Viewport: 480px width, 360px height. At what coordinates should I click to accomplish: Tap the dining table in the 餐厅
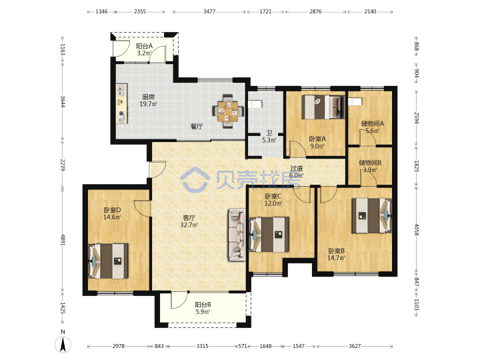coord(229,111)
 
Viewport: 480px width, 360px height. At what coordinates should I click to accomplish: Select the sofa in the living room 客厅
coord(236,235)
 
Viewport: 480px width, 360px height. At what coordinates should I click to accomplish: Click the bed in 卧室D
coord(108,261)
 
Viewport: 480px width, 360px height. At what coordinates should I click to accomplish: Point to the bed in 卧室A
coord(323,107)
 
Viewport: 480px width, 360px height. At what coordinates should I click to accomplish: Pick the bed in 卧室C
coord(269,235)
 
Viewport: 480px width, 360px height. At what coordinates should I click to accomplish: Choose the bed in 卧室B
coord(371,216)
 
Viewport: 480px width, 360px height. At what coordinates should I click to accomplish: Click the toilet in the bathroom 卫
coord(255,105)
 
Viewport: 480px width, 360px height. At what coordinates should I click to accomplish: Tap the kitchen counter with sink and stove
coord(122,104)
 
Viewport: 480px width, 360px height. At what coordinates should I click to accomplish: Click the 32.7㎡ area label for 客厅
coord(189,225)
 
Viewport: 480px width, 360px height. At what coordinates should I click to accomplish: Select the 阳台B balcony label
coord(203,305)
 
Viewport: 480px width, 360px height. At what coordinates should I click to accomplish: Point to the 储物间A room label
coord(372,124)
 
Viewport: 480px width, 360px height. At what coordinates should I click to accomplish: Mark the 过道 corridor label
coord(296,169)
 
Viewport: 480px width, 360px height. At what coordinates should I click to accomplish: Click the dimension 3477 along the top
coord(209,11)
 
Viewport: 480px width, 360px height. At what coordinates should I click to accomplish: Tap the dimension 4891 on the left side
coord(63,240)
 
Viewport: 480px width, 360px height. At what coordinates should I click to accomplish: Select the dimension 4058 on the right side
coord(416,229)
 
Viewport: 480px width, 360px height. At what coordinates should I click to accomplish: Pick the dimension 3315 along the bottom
coord(202,346)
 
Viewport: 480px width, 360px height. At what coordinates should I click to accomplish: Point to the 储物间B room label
coord(370,163)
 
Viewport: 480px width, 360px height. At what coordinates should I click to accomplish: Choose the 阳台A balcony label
coord(144,46)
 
